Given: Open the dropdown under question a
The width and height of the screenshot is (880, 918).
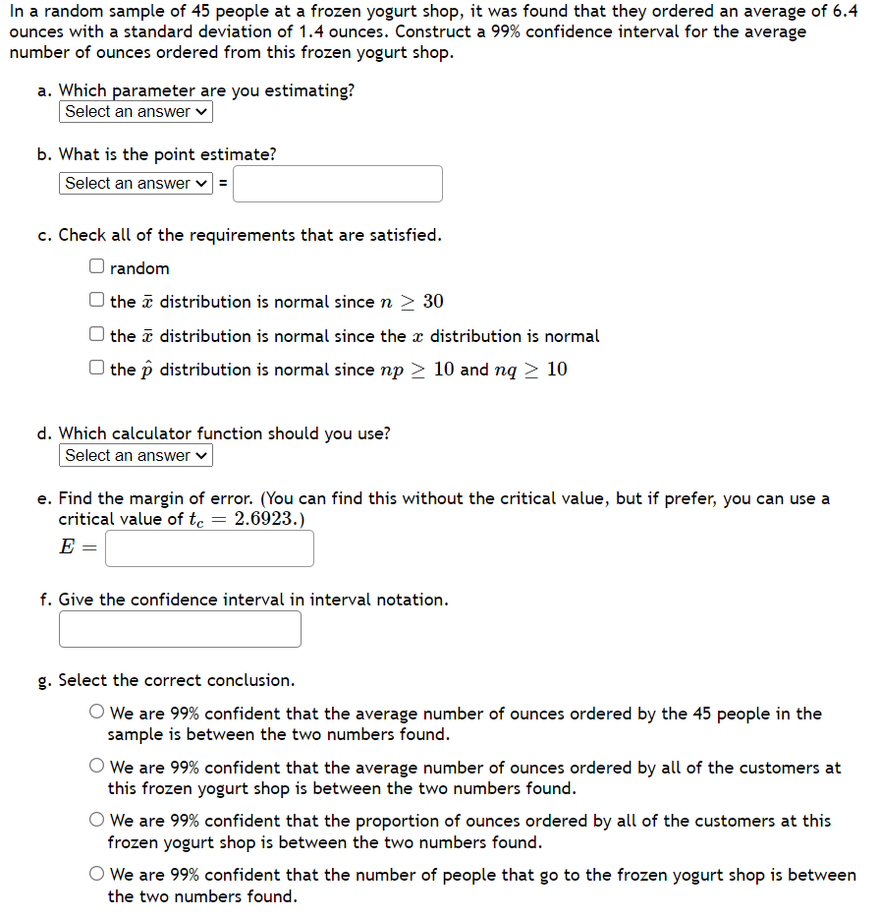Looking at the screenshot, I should click(136, 112).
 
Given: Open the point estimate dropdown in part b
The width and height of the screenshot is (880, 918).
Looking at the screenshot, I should click(136, 184).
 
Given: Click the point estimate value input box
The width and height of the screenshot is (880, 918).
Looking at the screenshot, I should click(337, 184).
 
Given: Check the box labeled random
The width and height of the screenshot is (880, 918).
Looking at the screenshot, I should click(96, 266).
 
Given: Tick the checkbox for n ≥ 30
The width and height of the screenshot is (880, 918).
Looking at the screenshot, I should click(96, 300).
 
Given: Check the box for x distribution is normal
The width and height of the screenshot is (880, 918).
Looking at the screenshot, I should click(96, 334).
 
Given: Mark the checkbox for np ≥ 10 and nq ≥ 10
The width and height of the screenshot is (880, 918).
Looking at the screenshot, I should click(96, 369).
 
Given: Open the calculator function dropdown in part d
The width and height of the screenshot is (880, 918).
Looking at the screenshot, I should click(136, 456).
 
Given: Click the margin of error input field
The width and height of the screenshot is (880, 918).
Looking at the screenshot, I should click(209, 548).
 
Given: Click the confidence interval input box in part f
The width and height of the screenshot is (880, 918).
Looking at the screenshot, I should click(180, 629).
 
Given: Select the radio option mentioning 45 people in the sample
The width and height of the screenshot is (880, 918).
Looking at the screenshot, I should click(97, 713).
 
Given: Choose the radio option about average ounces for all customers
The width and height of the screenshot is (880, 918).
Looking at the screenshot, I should click(97, 767).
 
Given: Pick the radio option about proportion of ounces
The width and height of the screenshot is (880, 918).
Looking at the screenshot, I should click(97, 820).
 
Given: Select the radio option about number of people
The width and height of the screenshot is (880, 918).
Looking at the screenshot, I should click(97, 874).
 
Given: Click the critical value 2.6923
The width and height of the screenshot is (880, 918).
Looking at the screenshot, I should click(266, 519).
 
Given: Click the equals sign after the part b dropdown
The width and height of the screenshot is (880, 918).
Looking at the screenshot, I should click(222, 184).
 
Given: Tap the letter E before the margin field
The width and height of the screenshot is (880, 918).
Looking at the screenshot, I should click(66, 548).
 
